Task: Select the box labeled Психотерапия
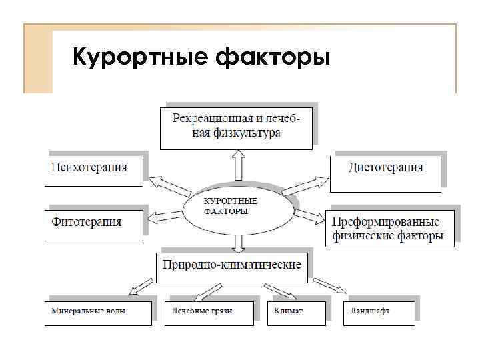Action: (x=97, y=168)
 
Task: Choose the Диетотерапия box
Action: (x=385, y=168)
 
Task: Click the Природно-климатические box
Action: (x=232, y=265)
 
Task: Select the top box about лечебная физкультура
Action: (x=236, y=126)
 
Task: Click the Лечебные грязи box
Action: (x=209, y=311)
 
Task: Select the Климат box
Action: (x=297, y=311)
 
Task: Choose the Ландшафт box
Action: (x=379, y=311)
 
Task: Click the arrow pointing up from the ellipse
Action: (x=237, y=163)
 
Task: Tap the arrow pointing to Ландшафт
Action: (x=331, y=285)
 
